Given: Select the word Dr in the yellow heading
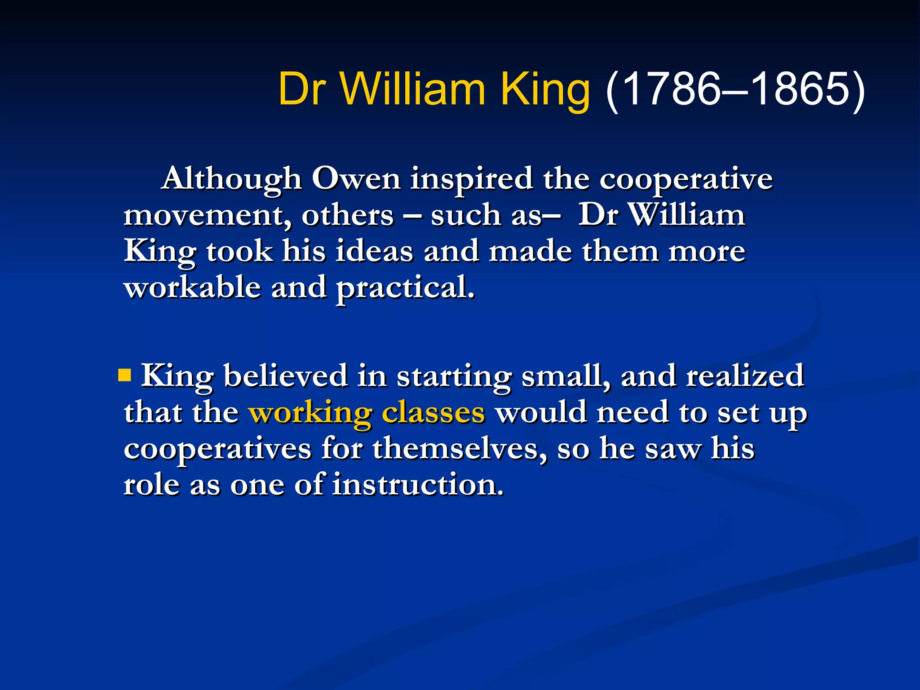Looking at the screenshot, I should [301, 89].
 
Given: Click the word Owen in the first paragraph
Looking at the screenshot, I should [356, 179].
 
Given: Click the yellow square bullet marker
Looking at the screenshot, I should [124, 375].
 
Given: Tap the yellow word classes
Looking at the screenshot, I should [433, 412].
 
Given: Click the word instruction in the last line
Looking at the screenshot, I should [418, 485].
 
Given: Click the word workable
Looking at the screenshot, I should [192, 287].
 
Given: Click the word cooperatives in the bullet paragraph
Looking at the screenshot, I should [217, 449].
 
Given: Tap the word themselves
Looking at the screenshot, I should [460, 448].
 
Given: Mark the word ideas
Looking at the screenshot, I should [374, 251].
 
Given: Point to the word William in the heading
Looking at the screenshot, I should [412, 89].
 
